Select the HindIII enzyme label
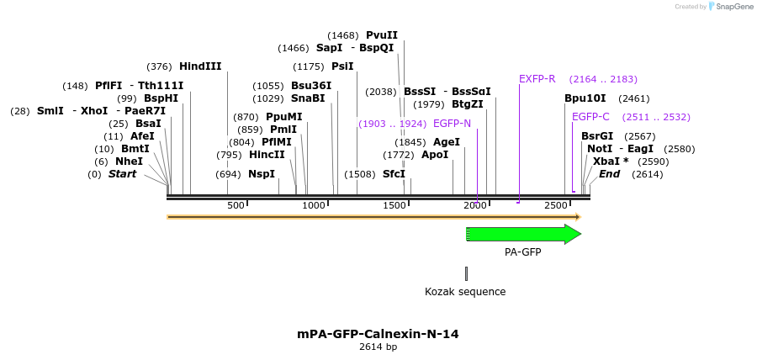tap(200, 66)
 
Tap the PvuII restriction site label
tap(382, 35)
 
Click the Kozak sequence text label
tap(465, 292)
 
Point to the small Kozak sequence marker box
tap(466, 273)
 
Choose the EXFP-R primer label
tap(537, 79)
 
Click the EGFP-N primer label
tap(452, 124)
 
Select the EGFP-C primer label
tap(590, 117)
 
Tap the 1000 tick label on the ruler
tap(314, 205)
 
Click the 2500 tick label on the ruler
tap(555, 205)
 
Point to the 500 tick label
tap(236, 205)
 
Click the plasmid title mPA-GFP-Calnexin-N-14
tap(378, 334)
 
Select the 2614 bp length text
tap(378, 347)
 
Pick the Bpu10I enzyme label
tap(585, 98)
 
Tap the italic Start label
tap(123, 174)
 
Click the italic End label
tap(609, 174)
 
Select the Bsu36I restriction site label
tap(311, 86)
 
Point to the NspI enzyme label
tap(262, 174)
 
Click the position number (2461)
tap(633, 98)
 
